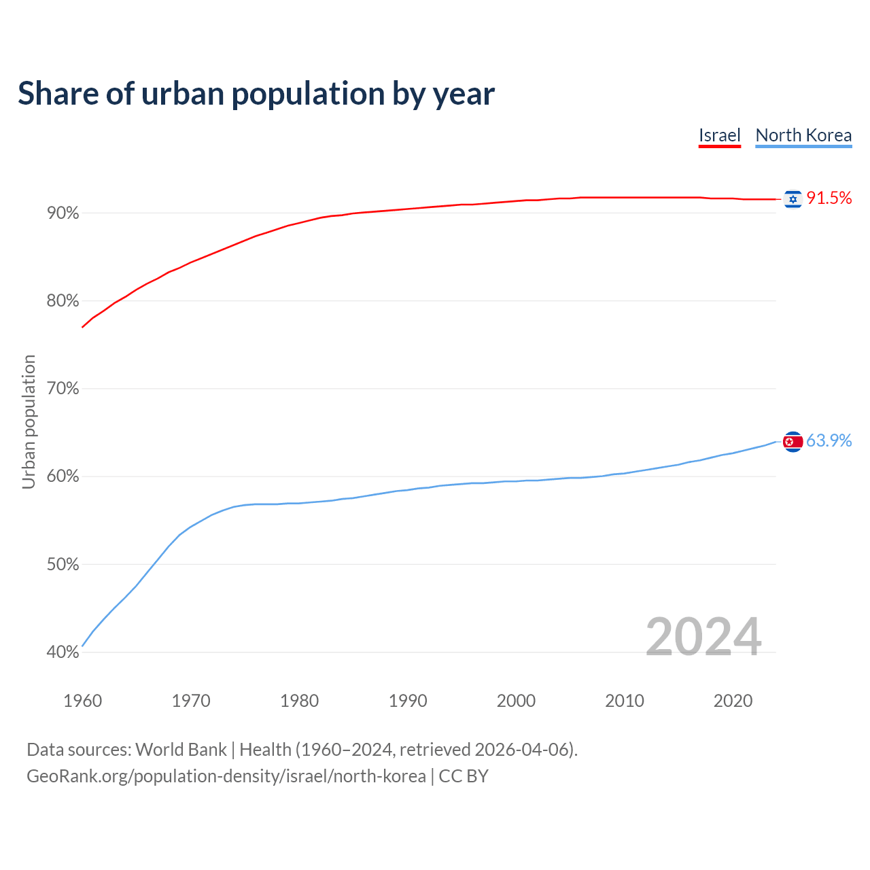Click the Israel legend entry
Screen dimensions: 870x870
click(719, 135)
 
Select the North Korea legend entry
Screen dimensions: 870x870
click(803, 135)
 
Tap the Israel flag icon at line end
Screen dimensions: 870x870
click(793, 198)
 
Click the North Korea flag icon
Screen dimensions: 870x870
click(793, 442)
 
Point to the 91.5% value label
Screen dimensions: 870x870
click(829, 198)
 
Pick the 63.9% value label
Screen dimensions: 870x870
click(829, 440)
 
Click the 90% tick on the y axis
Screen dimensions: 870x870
click(63, 213)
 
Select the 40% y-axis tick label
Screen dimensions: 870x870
click(63, 652)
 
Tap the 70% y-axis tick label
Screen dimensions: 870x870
click(63, 389)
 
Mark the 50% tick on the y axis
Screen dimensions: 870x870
click(63, 565)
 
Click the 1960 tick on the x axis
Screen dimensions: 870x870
click(82, 701)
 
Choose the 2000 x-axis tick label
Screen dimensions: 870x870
click(516, 701)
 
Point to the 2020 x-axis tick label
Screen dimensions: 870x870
click(733, 701)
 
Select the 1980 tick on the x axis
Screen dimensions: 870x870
click(299, 701)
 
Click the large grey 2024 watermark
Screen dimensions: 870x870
click(703, 637)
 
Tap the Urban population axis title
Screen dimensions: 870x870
click(29, 421)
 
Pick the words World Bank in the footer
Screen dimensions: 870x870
click(181, 750)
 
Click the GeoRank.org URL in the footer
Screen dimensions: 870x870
click(226, 776)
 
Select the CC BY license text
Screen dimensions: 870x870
click(464, 776)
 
